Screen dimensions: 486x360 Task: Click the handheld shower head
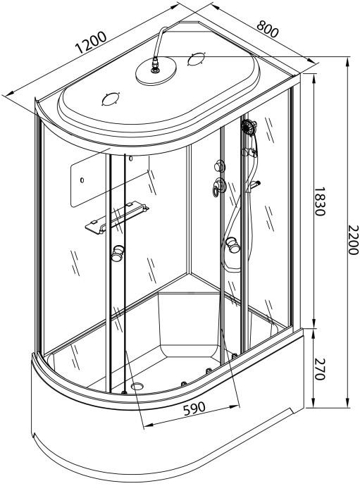pyautogui.click(x=247, y=127)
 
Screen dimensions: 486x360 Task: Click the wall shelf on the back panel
pyautogui.click(x=117, y=215)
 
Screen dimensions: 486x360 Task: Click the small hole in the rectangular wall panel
pyautogui.click(x=82, y=180)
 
